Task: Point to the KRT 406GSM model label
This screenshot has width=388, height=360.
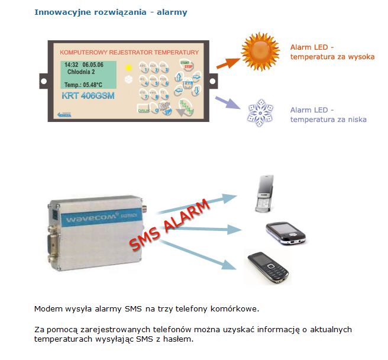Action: tap(88, 95)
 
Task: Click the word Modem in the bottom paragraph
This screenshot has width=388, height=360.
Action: tap(47, 308)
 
